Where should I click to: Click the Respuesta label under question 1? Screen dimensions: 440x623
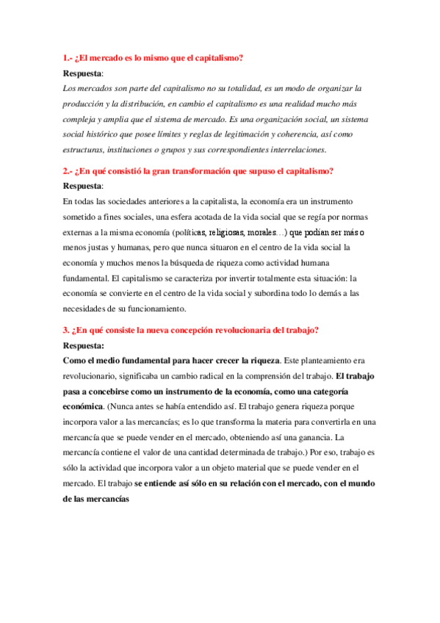(x=82, y=73)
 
